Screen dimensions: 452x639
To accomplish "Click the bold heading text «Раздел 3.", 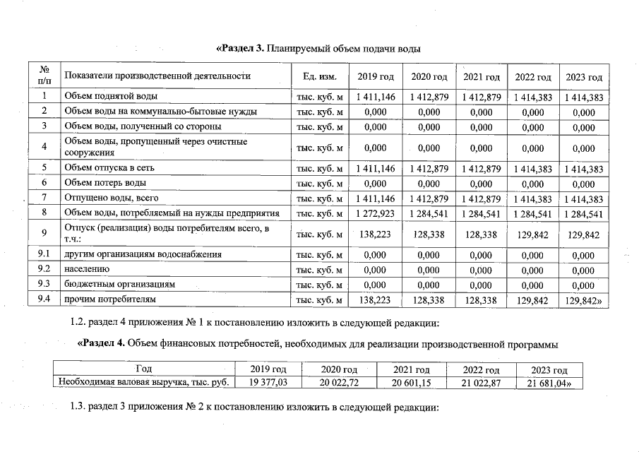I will point(240,49).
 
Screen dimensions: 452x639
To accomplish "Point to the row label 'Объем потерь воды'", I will point(105,183).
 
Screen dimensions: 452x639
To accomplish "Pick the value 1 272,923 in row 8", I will point(376,213).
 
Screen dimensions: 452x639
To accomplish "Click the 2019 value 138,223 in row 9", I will point(376,234).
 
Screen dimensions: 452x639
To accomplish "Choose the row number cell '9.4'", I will point(44,299).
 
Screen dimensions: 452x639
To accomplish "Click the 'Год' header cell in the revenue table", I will point(144,369).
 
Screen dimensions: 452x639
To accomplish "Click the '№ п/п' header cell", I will point(44,76).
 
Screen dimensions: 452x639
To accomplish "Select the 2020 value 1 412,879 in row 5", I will point(429,169).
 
